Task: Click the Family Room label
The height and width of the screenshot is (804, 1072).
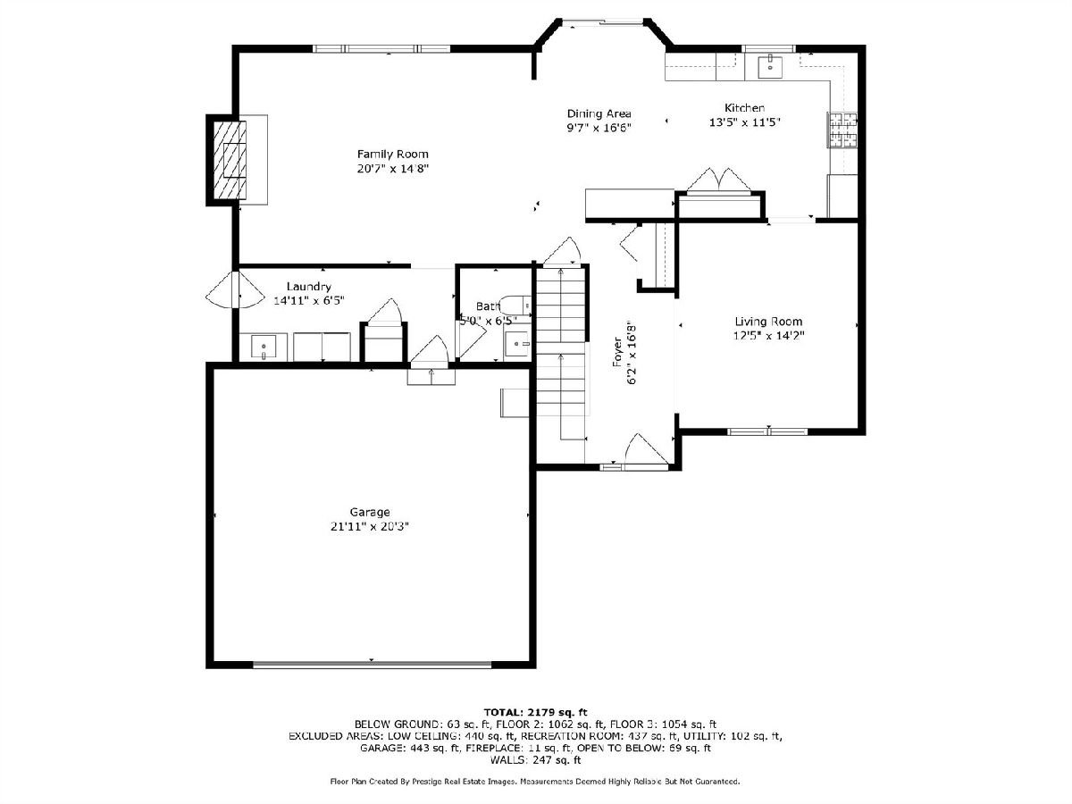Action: [393, 155]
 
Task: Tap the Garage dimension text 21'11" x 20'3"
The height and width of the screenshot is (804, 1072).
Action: [369, 527]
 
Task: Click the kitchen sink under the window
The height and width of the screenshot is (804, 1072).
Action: [770, 67]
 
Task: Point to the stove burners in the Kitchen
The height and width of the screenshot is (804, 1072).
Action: [842, 130]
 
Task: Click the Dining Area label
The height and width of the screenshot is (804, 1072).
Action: [599, 113]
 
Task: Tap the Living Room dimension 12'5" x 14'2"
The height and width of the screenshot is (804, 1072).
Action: [769, 336]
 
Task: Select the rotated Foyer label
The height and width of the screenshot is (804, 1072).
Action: [618, 351]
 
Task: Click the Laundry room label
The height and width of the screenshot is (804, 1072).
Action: [309, 287]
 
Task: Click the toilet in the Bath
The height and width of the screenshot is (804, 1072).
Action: [517, 306]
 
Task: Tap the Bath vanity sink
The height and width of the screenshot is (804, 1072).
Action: [516, 344]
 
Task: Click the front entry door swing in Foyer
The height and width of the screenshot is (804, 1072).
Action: [646, 450]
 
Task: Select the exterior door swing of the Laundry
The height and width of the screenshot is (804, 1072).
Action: [235, 289]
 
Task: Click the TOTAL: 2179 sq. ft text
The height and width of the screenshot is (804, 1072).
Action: [535, 712]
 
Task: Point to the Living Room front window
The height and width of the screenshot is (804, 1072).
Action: [767, 431]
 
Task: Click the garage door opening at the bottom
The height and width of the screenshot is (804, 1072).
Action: [373, 665]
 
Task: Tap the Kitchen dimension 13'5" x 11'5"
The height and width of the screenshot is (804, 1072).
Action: [745, 122]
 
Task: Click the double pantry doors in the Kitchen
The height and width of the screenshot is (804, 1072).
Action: [719, 180]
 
